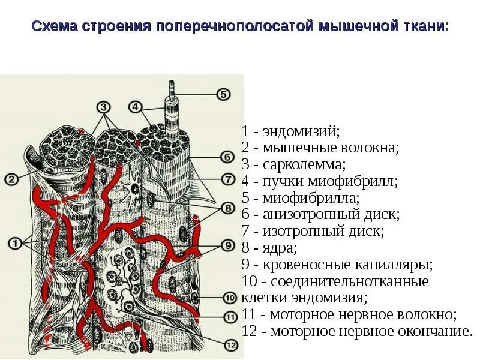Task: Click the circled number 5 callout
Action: click(x=223, y=94)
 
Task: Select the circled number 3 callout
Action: click(x=103, y=107)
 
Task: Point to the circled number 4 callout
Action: click(x=136, y=107)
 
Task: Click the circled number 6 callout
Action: click(x=227, y=157)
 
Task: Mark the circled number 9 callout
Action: click(x=227, y=245)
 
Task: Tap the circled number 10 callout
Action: click(x=229, y=298)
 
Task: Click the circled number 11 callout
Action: click(x=229, y=317)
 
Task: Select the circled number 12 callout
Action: click(x=230, y=344)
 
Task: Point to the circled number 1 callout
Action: click(x=14, y=243)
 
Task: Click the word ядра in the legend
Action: click(x=277, y=247)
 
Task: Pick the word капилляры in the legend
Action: click(x=397, y=264)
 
